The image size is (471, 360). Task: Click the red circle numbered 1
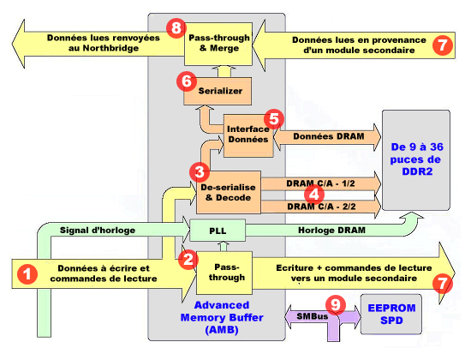[x=27, y=274]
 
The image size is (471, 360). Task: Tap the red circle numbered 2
[x=188, y=259]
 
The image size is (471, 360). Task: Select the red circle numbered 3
[x=200, y=172]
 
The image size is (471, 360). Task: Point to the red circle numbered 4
[x=314, y=195]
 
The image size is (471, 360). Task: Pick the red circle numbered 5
[x=274, y=119]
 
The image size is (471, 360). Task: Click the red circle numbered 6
[x=187, y=81]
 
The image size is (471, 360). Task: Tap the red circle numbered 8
[x=176, y=28]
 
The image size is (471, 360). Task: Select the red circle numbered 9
[x=336, y=304]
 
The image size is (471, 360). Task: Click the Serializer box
[x=218, y=91]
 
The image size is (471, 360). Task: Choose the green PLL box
[x=218, y=231]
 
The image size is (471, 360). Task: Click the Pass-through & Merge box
[x=218, y=44]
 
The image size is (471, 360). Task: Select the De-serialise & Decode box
[x=229, y=193]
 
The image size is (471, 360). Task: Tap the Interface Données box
[x=248, y=135]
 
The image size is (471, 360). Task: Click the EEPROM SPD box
[x=391, y=314]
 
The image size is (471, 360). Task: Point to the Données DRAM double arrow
[x=327, y=137]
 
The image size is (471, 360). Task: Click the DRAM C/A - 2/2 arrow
[x=321, y=207]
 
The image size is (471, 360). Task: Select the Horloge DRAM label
[x=331, y=230]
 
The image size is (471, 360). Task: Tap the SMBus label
[x=312, y=316]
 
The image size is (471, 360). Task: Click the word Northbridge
[x=110, y=48]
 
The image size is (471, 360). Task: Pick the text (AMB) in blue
[x=222, y=330]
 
